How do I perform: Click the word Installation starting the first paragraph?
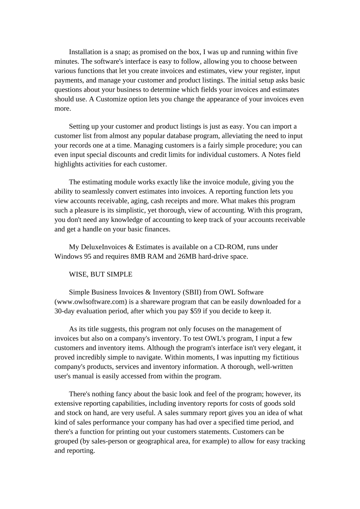[x=85, y=52]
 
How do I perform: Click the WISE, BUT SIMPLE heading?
[x=100, y=274]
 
